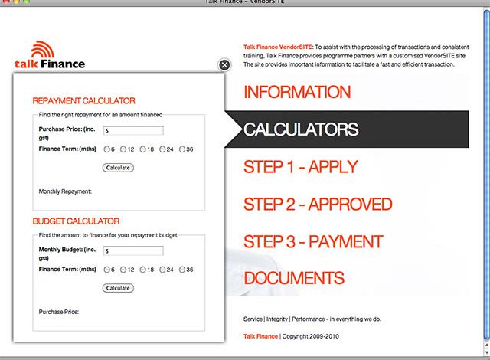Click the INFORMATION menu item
[296, 93]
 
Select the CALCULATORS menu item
[301, 129]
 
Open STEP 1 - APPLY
[300, 167]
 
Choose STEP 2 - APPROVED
[317, 205]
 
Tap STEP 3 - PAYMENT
[312, 242]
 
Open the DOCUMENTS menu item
[293, 278]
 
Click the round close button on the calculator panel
[224, 65]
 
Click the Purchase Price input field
[133, 130]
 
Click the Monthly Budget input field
[133, 250]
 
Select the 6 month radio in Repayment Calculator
[106, 149]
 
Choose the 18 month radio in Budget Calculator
[143, 270]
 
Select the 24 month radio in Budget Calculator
[162, 270]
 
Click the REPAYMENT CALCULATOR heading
[83, 100]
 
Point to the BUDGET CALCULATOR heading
[76, 221]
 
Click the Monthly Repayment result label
[65, 191]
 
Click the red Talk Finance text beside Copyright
[260, 336]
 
